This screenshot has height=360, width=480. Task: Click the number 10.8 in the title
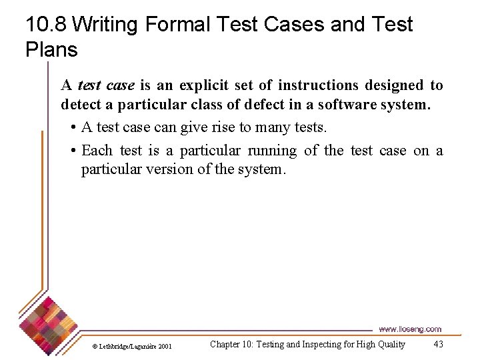[46, 25]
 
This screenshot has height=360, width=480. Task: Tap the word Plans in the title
[51, 49]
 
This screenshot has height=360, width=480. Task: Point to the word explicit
[203, 85]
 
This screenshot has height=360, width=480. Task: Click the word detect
[79, 105]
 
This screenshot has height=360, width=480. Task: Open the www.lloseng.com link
[410, 329]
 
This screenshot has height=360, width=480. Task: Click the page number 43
[438, 344]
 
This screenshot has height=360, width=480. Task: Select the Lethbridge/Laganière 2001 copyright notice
[132, 346]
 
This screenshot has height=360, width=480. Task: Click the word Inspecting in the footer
[309, 344]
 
